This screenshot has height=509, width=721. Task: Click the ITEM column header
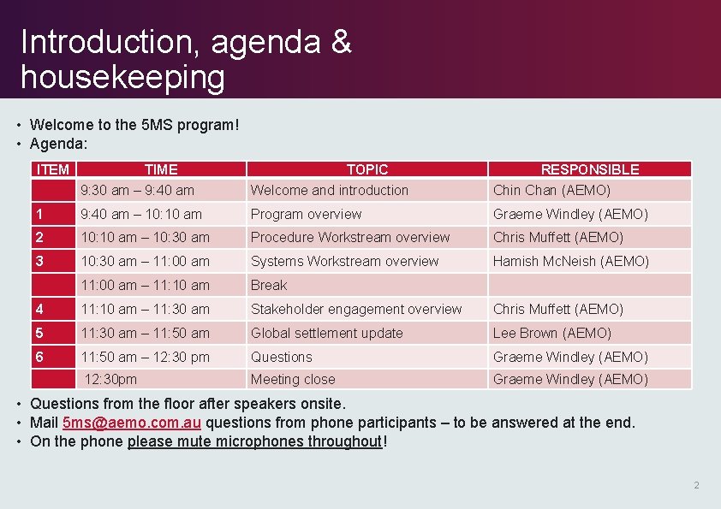pos(53,169)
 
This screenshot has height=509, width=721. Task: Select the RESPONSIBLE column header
pos(589,169)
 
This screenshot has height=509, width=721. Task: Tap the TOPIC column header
pos(366,169)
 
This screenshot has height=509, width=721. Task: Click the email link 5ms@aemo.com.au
pos(132,423)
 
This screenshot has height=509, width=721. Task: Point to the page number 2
pos(696,485)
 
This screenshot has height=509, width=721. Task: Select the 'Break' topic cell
pos(269,285)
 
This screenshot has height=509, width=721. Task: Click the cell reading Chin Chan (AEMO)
pos(551,190)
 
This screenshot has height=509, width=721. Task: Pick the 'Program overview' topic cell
pos(306,214)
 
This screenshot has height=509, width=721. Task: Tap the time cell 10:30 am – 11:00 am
pos(145,261)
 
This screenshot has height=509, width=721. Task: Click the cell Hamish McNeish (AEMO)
pos(570,261)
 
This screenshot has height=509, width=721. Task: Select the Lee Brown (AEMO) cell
pos(551,333)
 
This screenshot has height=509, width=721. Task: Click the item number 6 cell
pos(39,357)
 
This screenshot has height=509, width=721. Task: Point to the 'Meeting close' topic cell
pos(293,379)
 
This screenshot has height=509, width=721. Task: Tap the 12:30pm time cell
pos(110,379)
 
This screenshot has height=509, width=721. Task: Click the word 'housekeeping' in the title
pos(122,77)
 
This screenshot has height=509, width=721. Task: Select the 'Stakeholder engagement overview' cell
pos(355,309)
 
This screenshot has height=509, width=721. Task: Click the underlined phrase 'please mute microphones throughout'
pos(254,441)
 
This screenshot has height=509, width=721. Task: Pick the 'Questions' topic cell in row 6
pos(281,357)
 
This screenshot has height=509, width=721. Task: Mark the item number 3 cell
pos(39,261)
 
